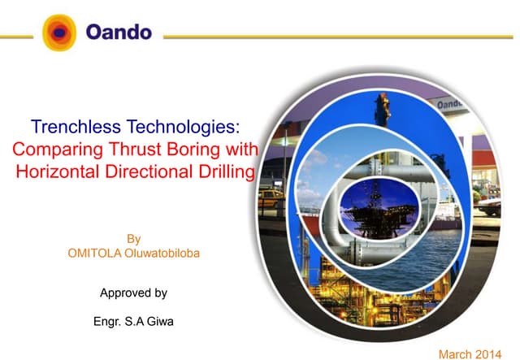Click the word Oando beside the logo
[x=119, y=33]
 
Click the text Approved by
[x=133, y=292]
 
